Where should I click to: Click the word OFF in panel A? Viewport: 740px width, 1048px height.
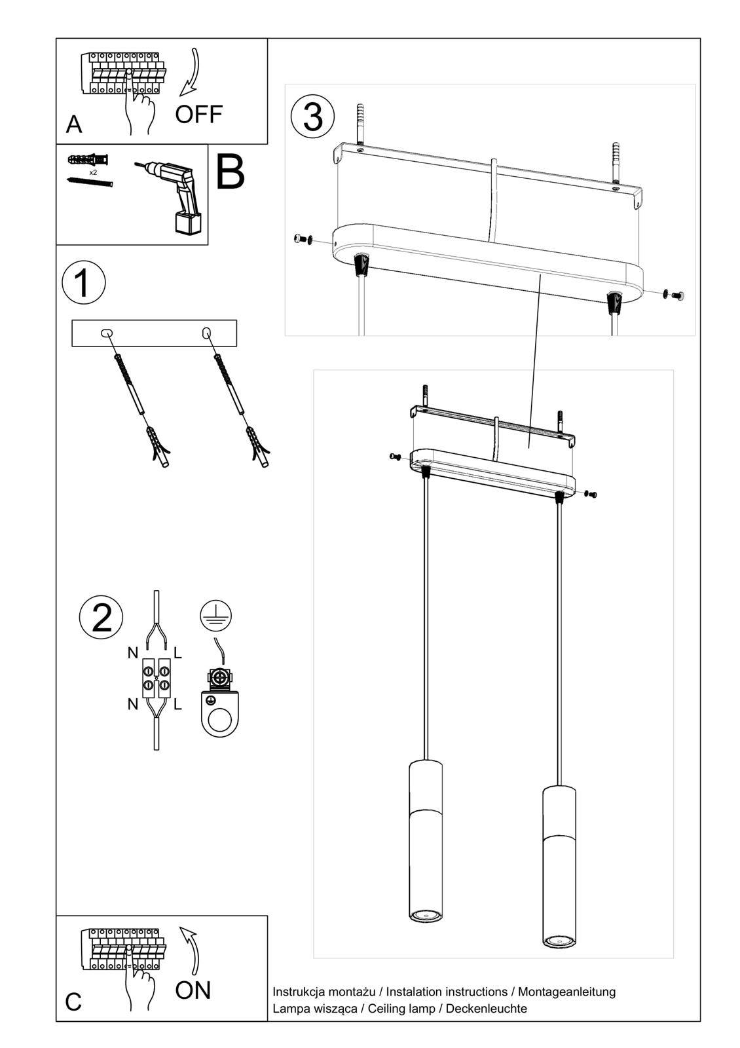click(x=198, y=115)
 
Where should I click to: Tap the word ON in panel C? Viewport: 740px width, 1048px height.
click(x=193, y=990)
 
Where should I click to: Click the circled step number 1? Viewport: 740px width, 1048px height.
click(x=83, y=284)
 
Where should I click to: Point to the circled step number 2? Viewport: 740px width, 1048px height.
click(x=101, y=617)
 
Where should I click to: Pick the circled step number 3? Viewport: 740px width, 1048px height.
click(x=313, y=117)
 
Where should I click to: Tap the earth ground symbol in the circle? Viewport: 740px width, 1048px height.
click(x=216, y=614)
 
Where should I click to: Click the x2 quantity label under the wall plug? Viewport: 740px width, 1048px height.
click(x=93, y=172)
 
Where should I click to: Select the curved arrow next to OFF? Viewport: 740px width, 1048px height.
click(x=193, y=72)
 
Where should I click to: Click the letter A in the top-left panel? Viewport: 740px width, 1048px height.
click(x=74, y=124)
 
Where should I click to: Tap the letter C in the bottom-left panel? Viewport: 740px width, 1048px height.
click(x=73, y=1002)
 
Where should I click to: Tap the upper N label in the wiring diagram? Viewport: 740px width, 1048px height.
click(x=133, y=653)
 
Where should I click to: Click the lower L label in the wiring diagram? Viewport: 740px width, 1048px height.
click(x=177, y=704)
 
